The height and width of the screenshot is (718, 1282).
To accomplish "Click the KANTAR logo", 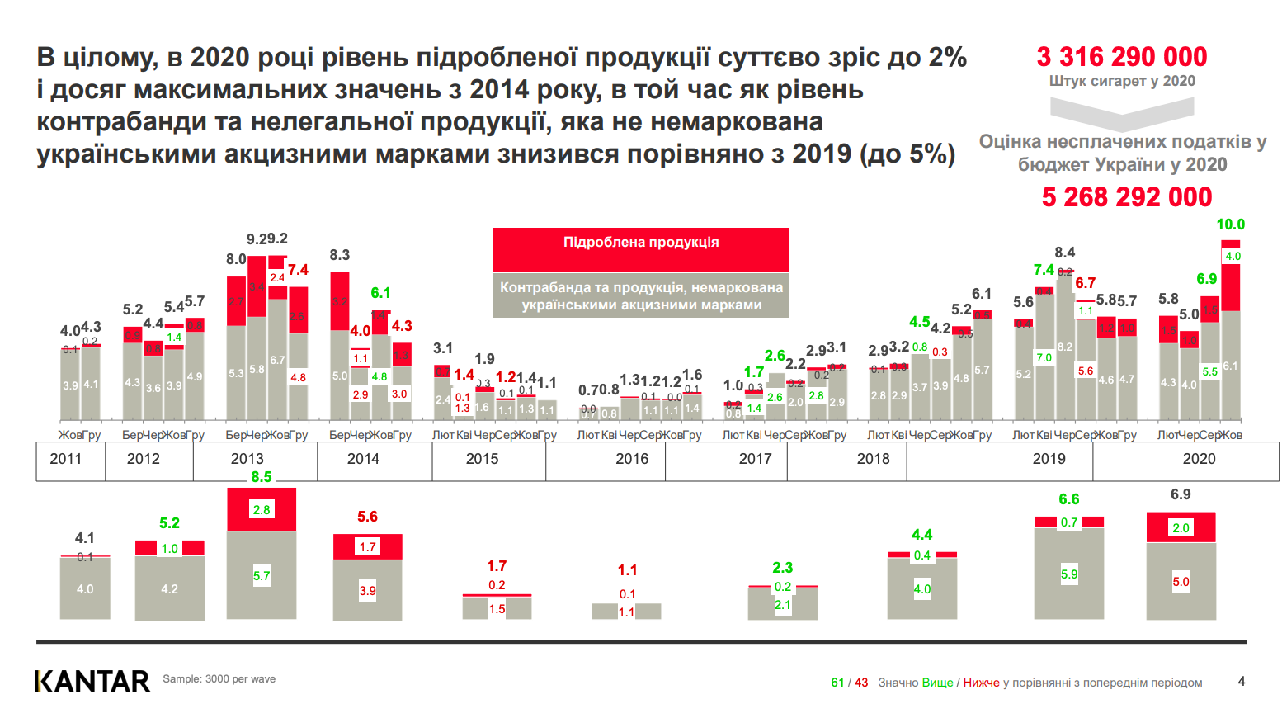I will coord(92,681).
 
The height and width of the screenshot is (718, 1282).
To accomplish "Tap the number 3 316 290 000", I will coord(1121,57).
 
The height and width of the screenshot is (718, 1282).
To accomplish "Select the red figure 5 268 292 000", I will coord(1126,197).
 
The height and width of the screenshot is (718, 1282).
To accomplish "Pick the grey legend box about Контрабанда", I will coord(641,295).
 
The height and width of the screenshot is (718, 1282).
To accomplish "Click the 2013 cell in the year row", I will coord(247,459).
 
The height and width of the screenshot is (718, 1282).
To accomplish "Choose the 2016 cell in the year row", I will coord(631,459).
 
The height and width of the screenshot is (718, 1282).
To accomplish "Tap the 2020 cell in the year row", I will coord(1198,459).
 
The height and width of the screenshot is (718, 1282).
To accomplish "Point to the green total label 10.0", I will coord(1230,224).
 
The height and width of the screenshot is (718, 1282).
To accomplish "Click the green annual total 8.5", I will coord(262,477).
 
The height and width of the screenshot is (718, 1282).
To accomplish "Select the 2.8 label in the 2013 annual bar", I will coord(262,510).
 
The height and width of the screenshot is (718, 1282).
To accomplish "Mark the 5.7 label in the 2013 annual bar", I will coord(262,576).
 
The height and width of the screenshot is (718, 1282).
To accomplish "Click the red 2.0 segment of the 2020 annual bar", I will coord(1181,527).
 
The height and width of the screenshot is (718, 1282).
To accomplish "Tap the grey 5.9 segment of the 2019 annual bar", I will coord(1068,574).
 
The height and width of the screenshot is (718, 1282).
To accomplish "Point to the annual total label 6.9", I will coord(1181,494).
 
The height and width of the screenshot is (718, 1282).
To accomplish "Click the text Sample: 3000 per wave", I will coord(219,679).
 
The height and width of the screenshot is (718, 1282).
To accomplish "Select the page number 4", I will coord(1241,682).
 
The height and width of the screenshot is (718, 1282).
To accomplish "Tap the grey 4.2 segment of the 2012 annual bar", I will coord(169,589).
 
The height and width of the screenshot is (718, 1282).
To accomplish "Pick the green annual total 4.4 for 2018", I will coord(921,535).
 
